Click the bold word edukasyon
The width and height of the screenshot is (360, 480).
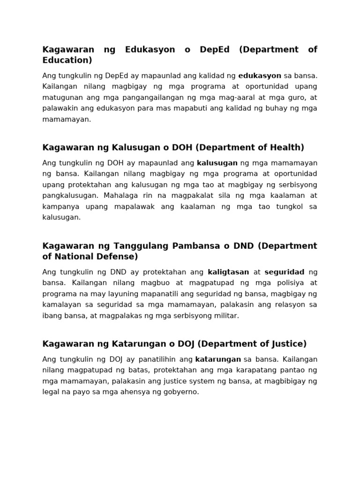tap(260, 75)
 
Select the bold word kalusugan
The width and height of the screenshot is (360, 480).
tap(217, 163)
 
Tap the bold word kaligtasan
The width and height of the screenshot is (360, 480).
tap(228, 272)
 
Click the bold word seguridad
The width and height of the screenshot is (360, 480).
tap(285, 272)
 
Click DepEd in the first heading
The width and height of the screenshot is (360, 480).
tap(215, 50)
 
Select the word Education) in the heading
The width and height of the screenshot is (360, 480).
tap(67, 60)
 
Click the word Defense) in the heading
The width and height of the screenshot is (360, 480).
tap(118, 257)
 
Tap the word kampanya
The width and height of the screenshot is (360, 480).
tap(60, 207)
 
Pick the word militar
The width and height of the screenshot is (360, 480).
tap(226, 316)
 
